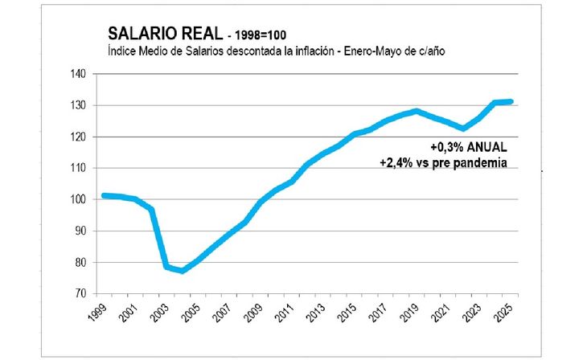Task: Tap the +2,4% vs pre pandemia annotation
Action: pyautogui.click(x=445, y=162)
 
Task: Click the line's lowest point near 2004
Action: pyautogui.click(x=183, y=271)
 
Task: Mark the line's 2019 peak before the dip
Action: pyautogui.click(x=416, y=111)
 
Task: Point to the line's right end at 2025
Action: pyautogui.click(x=511, y=102)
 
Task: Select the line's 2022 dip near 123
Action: pyautogui.click(x=463, y=128)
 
